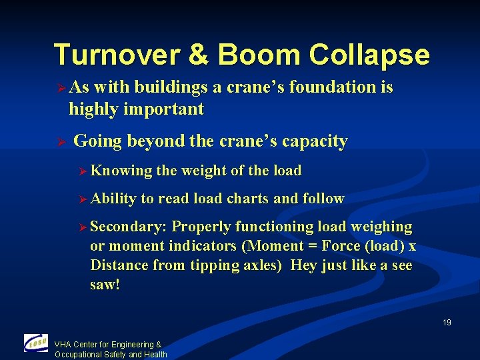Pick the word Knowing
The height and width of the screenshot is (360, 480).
pos(121,171)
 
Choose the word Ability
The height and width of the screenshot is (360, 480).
pos(113,199)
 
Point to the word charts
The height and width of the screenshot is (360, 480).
pos(249,199)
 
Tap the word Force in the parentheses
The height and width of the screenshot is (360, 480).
pos(340,247)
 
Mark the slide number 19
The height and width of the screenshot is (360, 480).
pos(447,323)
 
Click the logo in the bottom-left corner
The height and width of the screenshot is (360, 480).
pos(36,343)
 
